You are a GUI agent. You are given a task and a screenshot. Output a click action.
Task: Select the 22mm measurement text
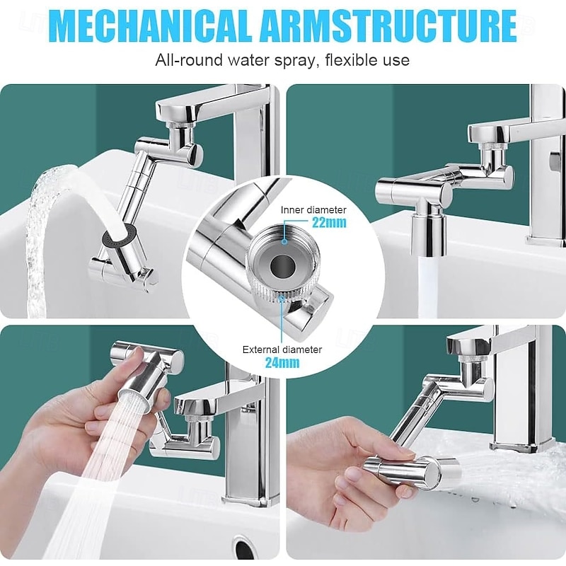(329, 223)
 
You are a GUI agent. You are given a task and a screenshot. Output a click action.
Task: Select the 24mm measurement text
(282, 362)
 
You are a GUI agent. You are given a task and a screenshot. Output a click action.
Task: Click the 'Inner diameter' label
(313, 209)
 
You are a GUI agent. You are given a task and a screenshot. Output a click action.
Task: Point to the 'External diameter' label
(282, 350)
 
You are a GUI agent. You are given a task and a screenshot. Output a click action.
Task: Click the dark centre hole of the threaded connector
(282, 267)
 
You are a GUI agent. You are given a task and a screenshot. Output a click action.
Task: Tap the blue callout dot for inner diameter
(284, 242)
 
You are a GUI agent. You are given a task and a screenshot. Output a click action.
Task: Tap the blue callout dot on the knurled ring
(282, 297)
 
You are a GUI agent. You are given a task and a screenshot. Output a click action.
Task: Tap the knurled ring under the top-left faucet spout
(180, 125)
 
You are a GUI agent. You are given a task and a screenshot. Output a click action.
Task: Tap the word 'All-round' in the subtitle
(189, 60)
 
